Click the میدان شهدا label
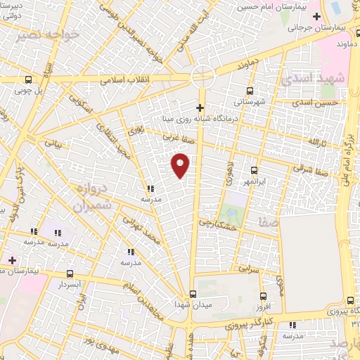pos(193,307)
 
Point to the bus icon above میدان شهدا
pos(193,295)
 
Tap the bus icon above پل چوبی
pos(28,79)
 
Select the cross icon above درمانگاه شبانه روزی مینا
pos(200,108)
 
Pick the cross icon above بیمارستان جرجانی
pos(317,15)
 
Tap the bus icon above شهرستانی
pos(250,91)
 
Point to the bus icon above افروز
pos(263,296)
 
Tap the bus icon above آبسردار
pos(70,274)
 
